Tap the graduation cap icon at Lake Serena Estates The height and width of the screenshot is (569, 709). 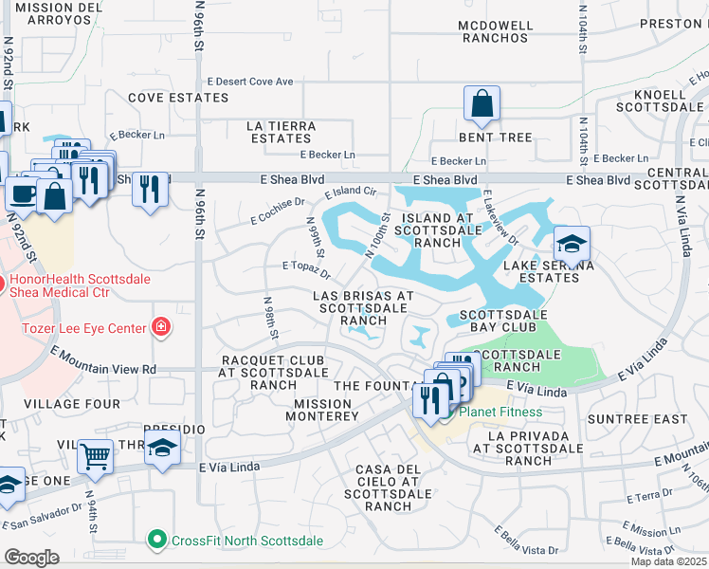[x=572, y=245]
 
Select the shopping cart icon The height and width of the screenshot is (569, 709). [x=95, y=456]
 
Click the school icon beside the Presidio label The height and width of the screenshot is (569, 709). [x=162, y=447]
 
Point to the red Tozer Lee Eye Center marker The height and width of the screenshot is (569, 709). [x=162, y=328]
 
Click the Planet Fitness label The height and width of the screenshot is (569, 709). [x=500, y=412]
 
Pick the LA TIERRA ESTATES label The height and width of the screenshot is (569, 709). [x=280, y=132]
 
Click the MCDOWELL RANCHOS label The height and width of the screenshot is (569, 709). [x=495, y=31]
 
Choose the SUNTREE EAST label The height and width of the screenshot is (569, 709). [x=637, y=419]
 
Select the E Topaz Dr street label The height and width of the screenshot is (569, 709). [x=305, y=270]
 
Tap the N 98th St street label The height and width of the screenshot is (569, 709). [x=270, y=318]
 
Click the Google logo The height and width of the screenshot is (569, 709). [x=31, y=557]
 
